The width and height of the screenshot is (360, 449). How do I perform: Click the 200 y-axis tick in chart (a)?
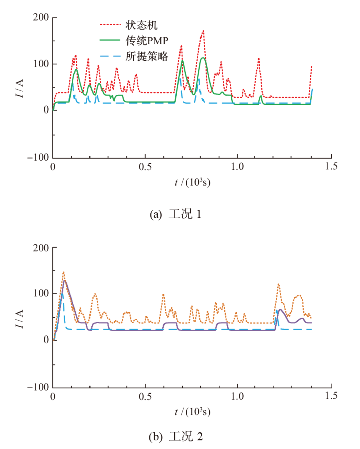click(x=41, y=18)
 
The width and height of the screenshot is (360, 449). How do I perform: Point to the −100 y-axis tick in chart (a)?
click(x=38, y=157)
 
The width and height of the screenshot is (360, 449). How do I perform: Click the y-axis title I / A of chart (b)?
click(x=20, y=317)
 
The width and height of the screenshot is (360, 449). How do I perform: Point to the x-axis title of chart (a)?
click(x=192, y=182)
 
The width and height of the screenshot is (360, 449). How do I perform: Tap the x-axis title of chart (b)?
click(x=192, y=412)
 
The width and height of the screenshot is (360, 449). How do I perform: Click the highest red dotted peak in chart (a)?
click(x=203, y=31)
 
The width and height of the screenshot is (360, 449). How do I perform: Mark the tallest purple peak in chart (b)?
click(x=65, y=280)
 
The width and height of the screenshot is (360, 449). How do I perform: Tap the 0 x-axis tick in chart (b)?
click(x=53, y=396)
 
